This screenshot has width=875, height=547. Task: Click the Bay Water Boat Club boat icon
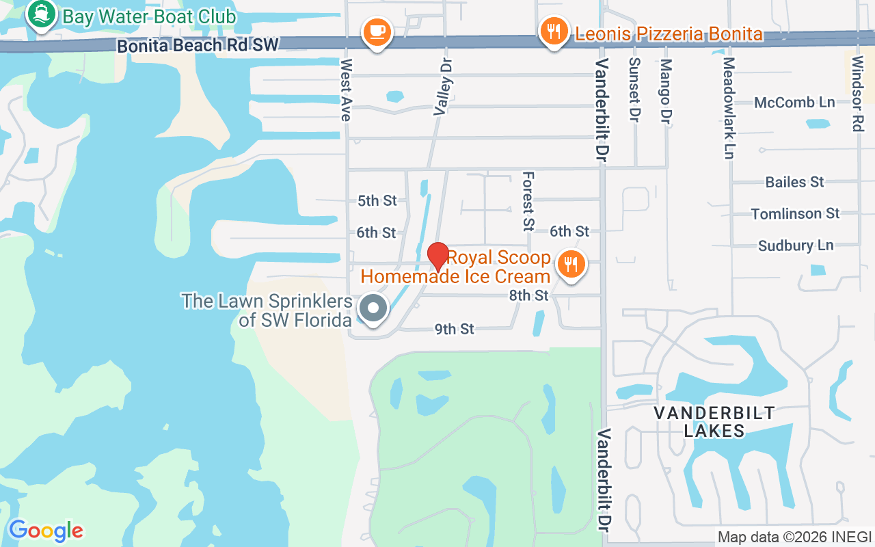click(x=41, y=15)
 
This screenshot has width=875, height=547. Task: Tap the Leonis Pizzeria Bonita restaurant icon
click(x=554, y=31)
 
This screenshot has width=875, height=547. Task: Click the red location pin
click(x=438, y=257)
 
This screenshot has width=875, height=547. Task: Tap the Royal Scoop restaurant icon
click(x=570, y=265)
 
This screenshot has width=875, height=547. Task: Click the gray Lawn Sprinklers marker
click(x=373, y=308)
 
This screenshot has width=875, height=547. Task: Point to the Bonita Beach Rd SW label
click(x=198, y=46)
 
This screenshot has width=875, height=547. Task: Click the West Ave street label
click(x=347, y=90)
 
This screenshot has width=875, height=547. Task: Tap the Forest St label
click(x=528, y=201)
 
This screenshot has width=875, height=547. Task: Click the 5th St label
click(x=377, y=200)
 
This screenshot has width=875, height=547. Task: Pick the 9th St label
click(x=455, y=329)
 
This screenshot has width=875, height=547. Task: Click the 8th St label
click(x=529, y=295)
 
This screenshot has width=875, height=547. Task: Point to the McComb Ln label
click(x=794, y=103)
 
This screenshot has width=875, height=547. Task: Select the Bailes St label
click(x=794, y=182)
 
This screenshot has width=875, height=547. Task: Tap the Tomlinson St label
click(x=795, y=214)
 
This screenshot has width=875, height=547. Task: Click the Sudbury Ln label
click(x=796, y=245)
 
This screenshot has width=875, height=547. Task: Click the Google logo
click(x=46, y=531)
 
